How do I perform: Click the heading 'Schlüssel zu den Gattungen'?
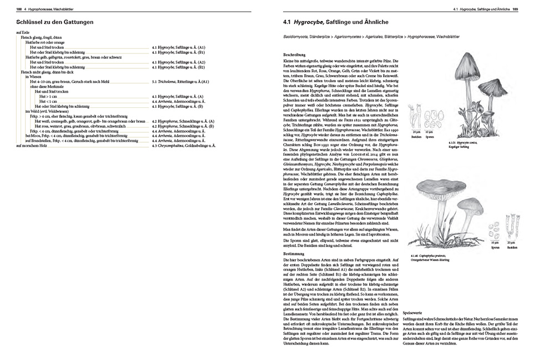pos(55,22)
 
